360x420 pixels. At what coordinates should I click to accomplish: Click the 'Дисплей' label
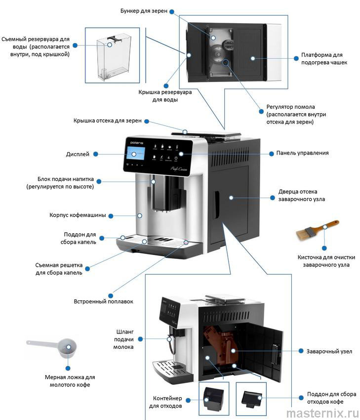pyautogui.click(x=78, y=154)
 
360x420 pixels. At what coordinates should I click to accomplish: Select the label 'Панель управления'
pyautogui.click(x=302, y=153)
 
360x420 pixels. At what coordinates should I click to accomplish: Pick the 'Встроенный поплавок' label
pyautogui.click(x=104, y=301)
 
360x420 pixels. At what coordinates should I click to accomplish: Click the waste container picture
pyautogui.click(x=213, y=398)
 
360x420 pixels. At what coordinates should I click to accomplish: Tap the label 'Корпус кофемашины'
pyautogui.click(x=81, y=215)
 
